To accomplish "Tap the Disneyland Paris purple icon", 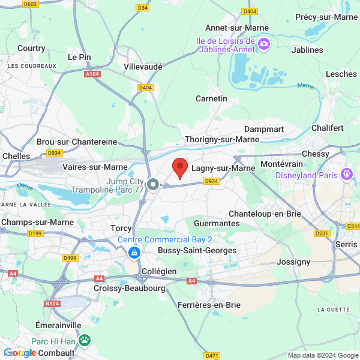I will point(346,175).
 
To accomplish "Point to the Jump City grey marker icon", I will point(153,185).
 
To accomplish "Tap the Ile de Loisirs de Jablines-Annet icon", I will point(265,43).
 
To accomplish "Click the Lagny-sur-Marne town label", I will point(223,169).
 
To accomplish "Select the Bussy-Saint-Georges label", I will point(197,250).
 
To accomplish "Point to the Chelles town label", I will point(16,156).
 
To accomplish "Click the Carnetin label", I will point(212,98).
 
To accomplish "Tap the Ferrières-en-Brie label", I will point(209,305).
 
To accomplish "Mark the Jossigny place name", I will point(293,262).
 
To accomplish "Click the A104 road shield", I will point(92,74).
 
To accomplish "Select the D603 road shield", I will point(30,4).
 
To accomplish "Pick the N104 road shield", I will point(52,304).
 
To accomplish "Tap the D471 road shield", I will point(212,356).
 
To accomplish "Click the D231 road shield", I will point(322,233).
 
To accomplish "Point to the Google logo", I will point(20,353).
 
